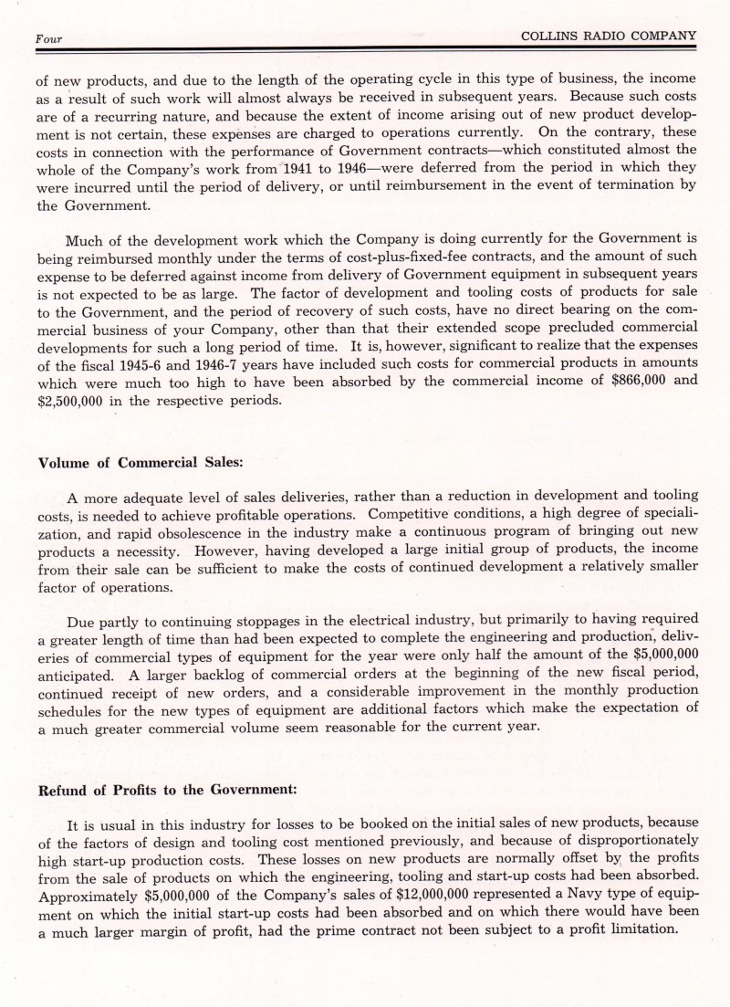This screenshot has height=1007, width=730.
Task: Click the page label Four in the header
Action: click(47, 39)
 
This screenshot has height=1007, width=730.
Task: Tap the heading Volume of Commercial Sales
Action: click(141, 462)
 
